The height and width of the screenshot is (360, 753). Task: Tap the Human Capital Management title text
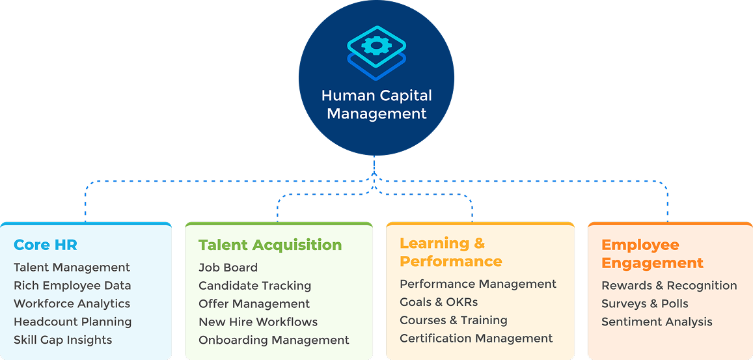(376, 105)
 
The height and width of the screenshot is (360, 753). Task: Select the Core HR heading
(46, 245)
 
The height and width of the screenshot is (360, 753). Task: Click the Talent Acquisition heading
(270, 245)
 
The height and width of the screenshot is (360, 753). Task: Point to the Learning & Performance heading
(450, 253)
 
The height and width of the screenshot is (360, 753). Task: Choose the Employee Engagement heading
(652, 254)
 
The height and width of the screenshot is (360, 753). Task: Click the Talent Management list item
(72, 268)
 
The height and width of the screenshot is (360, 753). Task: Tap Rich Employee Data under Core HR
(72, 286)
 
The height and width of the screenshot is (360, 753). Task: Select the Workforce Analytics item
(72, 304)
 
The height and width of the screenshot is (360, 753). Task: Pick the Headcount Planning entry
(73, 322)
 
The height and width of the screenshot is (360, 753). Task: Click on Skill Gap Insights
(62, 340)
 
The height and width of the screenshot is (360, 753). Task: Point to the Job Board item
(228, 268)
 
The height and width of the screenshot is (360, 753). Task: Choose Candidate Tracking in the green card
(254, 286)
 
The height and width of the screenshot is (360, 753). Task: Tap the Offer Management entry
(254, 304)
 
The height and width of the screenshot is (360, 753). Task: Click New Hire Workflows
(258, 322)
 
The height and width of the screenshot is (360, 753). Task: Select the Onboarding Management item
(273, 340)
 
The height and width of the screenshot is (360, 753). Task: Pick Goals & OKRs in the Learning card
(439, 302)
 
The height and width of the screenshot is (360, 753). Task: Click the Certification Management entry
(476, 339)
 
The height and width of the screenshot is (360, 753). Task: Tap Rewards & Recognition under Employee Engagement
(669, 286)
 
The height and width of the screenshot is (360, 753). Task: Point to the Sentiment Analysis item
(657, 322)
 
